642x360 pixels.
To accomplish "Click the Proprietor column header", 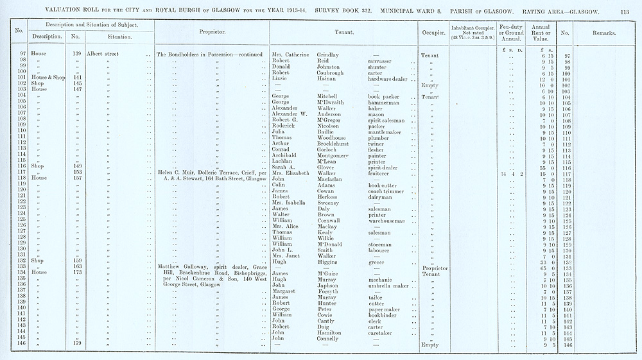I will click(x=211, y=31).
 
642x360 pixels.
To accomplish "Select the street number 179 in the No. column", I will click(x=76, y=344).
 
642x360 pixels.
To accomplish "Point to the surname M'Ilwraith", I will click(x=334, y=102).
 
